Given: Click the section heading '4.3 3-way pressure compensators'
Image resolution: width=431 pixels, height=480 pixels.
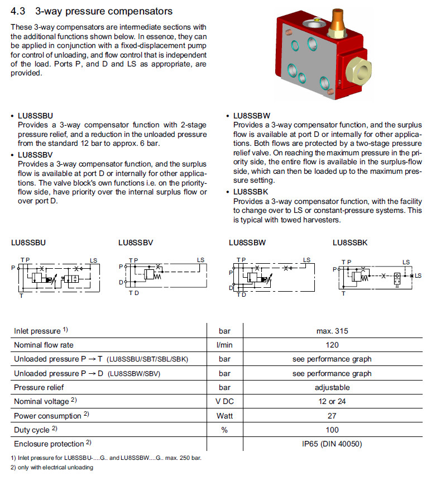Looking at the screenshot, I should tap(92, 11).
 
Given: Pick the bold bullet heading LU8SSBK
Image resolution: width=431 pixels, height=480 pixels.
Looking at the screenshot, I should tap(251, 192).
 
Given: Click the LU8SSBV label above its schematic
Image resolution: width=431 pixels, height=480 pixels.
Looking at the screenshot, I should tap(136, 243).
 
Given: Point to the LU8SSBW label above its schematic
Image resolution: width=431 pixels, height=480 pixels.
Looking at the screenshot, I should tap(247, 243).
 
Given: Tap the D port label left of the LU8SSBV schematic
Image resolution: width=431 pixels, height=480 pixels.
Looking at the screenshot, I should tap(120, 282).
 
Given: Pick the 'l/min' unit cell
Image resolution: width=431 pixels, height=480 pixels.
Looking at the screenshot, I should tap(224, 345).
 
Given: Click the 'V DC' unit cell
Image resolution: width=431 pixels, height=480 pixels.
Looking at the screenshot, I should tap(224, 401).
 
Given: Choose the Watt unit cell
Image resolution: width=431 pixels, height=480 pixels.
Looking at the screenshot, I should tap(224, 416).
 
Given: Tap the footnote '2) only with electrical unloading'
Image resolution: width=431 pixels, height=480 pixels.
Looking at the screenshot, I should tap(52, 467).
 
